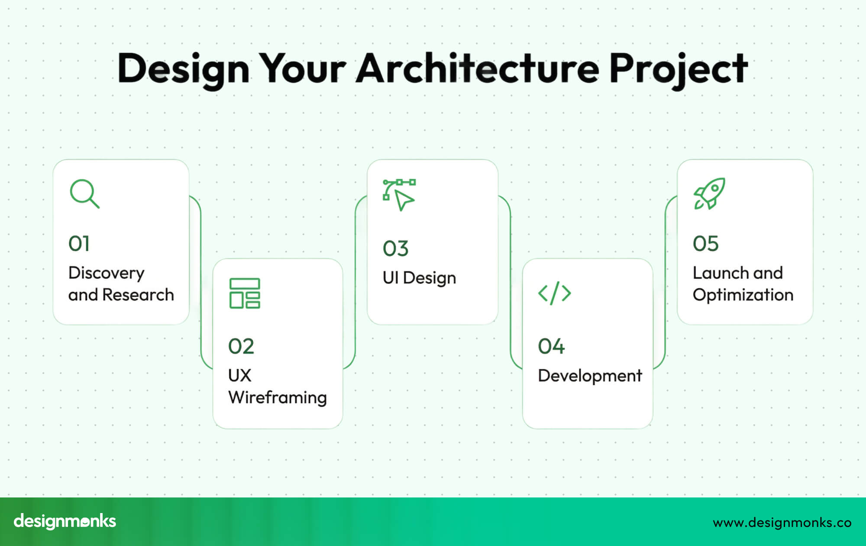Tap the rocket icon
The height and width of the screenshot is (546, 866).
click(x=709, y=194)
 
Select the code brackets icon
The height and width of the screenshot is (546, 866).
click(x=554, y=293)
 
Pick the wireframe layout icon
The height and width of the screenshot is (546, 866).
click(x=245, y=293)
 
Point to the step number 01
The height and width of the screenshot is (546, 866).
click(x=79, y=244)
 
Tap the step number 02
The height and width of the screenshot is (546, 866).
click(x=241, y=346)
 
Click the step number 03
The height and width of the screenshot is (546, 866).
click(x=395, y=249)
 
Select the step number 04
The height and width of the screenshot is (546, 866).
click(x=551, y=346)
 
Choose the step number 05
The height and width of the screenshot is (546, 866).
click(x=706, y=244)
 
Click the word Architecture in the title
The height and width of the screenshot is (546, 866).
click(x=478, y=68)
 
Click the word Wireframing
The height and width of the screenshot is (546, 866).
click(x=278, y=398)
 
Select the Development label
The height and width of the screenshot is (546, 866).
click(x=590, y=376)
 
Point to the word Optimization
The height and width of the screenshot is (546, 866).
click(x=743, y=296)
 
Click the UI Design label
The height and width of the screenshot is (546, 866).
click(x=419, y=278)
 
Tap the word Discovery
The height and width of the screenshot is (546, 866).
click(x=107, y=273)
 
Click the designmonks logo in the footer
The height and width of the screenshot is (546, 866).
click(x=65, y=521)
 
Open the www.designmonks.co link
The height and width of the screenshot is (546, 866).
click(x=782, y=523)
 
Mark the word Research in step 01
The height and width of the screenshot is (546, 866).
click(x=138, y=295)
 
